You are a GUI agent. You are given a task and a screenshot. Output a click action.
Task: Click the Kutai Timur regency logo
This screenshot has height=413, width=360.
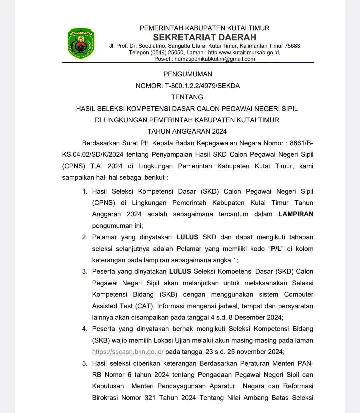[81, 43]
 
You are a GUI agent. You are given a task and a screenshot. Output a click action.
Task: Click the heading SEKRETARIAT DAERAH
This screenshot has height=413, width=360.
[204, 37]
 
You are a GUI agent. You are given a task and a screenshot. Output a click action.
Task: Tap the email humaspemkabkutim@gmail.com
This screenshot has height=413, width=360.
[215, 59]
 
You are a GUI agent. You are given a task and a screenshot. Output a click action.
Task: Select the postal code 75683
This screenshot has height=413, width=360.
[292, 46]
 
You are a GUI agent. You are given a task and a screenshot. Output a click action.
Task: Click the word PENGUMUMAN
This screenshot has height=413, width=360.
[188, 74]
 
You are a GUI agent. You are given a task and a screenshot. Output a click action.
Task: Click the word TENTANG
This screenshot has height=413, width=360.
[187, 97]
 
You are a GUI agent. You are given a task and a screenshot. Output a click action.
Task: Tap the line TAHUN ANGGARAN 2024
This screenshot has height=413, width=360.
[187, 131]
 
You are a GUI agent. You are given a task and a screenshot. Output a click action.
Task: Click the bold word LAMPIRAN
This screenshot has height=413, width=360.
[296, 214]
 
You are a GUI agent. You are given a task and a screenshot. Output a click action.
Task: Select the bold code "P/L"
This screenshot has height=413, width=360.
[276, 249]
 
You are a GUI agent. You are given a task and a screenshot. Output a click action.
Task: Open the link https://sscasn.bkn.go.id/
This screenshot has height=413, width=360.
[128, 352]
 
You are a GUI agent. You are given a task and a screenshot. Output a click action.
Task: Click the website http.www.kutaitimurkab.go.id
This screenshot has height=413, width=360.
[244, 53]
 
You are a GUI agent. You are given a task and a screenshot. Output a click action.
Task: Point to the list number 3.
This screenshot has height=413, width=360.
[85, 272]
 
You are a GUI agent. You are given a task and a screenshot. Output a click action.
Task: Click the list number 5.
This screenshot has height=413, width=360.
[85, 363]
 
